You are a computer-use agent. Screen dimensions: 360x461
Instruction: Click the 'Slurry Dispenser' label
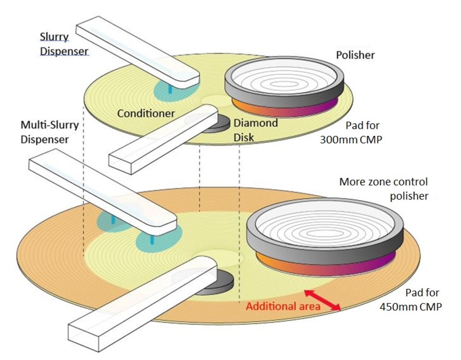click(x=64, y=44)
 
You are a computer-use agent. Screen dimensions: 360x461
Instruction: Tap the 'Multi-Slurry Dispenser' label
click(x=49, y=132)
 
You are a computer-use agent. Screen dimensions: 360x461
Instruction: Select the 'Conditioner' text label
click(x=146, y=113)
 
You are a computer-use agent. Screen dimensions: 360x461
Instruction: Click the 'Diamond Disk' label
click(x=255, y=130)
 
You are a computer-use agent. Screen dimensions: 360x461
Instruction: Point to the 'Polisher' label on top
click(x=355, y=55)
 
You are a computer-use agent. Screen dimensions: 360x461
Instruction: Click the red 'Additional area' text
click(x=283, y=306)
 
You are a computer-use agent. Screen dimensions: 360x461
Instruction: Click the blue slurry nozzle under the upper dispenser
click(x=170, y=89)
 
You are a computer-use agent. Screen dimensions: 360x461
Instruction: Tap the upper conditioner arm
click(x=162, y=140)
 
